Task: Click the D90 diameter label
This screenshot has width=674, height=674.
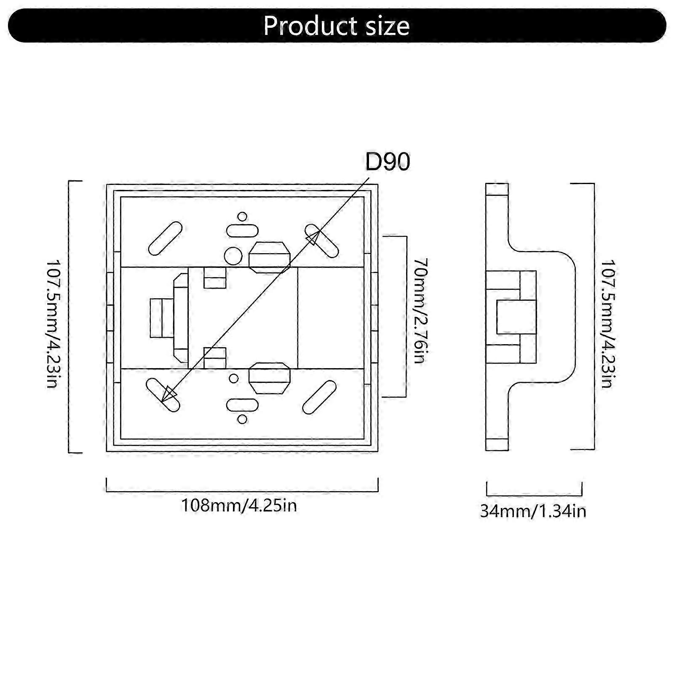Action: [x=387, y=163]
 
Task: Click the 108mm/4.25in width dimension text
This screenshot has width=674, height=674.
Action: [x=239, y=505]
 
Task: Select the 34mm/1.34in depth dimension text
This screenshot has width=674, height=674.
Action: [x=533, y=511]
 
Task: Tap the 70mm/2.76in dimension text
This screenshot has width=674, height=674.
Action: [x=419, y=310]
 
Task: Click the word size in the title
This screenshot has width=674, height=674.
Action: [x=386, y=26]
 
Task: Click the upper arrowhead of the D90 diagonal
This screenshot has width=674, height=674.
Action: [x=312, y=238]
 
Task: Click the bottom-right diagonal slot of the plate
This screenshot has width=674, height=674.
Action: [x=319, y=398]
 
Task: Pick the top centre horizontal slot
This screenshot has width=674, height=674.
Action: [x=242, y=231]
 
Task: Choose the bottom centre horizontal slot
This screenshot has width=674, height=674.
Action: [x=242, y=405]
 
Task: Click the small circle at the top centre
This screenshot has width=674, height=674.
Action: [x=242, y=217]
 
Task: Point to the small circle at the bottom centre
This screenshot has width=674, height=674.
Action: [x=242, y=419]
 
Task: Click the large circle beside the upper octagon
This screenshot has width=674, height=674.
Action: [x=233, y=255]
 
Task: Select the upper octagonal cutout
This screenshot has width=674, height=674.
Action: [x=270, y=257]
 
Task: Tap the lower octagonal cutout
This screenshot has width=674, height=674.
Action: [x=270, y=378]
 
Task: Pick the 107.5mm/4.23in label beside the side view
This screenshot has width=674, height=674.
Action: [x=607, y=323]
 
